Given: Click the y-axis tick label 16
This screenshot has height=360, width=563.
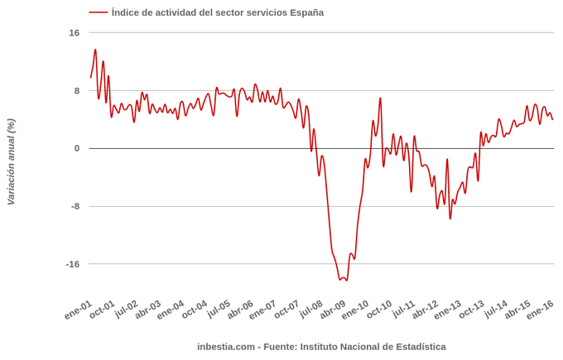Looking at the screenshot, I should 75,33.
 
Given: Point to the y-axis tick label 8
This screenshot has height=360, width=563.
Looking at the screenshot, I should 76,91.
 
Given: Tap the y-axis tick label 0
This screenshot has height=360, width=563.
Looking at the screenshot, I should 76,149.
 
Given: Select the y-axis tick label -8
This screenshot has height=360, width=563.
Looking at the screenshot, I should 75,207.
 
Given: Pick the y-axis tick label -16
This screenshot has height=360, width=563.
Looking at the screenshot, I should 73,265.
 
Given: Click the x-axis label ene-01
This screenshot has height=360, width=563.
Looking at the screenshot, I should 79,310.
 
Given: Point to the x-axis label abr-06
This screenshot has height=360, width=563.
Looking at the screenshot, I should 240,310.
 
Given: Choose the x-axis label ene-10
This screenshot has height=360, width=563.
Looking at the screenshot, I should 355,310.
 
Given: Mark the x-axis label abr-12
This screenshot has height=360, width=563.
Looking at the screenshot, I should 425,310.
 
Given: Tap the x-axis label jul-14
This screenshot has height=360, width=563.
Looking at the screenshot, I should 494,310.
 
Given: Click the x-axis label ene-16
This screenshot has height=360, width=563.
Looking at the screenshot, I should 540,310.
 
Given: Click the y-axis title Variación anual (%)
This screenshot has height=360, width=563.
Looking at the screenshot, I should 11,161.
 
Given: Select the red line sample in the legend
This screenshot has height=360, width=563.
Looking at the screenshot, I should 99,12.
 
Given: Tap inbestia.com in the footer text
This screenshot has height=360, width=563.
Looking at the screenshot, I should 226,347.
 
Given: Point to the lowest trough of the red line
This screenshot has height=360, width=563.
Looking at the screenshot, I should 343,280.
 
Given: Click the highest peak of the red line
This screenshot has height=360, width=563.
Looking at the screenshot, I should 95,50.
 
